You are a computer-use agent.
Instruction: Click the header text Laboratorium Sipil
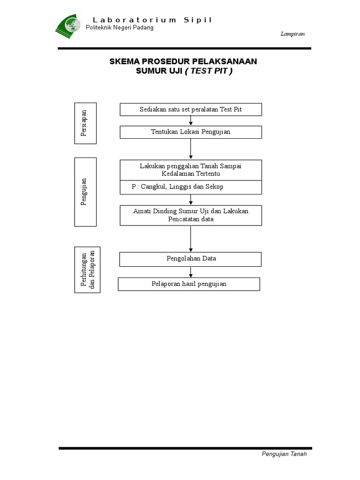pyautogui.click(x=152, y=20)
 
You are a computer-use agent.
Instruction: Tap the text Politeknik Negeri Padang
pyautogui.click(x=120, y=28)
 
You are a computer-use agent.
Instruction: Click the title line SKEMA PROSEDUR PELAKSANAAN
pyautogui.click(x=183, y=61)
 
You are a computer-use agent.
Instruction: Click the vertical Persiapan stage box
pyautogui.click(x=85, y=123)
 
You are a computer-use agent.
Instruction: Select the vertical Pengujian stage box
pyautogui.click(x=85, y=192)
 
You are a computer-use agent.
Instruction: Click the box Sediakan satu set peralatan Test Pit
pyautogui.click(x=191, y=109)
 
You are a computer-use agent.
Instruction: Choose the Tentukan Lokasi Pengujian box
pyautogui.click(x=191, y=132)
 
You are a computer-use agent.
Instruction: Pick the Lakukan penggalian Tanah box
pyautogui.click(x=191, y=170)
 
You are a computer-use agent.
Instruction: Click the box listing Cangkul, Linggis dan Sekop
pyautogui.click(x=191, y=187)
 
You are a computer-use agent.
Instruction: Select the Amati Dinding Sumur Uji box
pyautogui.click(x=191, y=215)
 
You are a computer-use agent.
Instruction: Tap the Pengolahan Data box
pyautogui.click(x=191, y=259)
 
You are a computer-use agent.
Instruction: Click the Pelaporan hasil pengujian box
pyautogui.click(x=189, y=284)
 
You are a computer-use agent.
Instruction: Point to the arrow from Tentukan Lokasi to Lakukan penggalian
pyautogui.click(x=191, y=149)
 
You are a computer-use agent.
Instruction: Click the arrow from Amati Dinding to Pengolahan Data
pyautogui.click(x=191, y=239)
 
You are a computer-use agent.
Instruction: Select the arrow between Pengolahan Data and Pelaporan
pyautogui.click(x=191, y=272)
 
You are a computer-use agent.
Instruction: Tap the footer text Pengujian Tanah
pyautogui.click(x=284, y=454)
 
